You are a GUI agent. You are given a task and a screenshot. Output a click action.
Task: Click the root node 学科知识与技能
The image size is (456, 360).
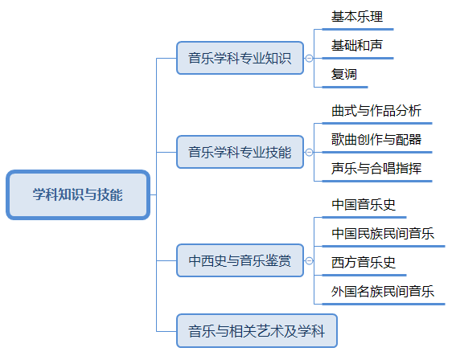pos(78,194)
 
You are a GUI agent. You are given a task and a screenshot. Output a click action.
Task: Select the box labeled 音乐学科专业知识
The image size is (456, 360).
pos(240,58)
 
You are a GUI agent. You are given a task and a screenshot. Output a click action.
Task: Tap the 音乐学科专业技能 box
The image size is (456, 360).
pos(240,152)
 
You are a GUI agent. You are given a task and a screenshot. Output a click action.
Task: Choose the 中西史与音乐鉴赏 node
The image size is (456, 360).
pos(240,260)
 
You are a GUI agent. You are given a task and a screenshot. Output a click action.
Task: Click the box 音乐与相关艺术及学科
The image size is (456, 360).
pos(257,331)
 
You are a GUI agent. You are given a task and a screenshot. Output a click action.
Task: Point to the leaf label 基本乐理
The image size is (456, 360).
pos(357,16)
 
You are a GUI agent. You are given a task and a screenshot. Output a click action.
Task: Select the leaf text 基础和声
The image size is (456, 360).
pos(357,45)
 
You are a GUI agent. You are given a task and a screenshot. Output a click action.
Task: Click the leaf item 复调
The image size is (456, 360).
pos(344,74)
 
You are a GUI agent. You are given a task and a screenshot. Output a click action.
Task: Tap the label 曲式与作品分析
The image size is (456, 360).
pos(376,110)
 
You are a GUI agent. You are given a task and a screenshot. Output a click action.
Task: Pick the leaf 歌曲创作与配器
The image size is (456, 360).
pos(376,140)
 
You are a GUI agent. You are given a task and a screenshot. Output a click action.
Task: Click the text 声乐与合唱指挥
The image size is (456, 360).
pos(376,168)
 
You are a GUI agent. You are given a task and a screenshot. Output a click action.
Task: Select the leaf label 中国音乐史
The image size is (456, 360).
pos(364,205)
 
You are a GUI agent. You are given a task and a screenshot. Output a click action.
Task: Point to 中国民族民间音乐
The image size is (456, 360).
pos(383,234)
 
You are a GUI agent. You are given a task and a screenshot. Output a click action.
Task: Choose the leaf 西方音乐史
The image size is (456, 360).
pos(364,263)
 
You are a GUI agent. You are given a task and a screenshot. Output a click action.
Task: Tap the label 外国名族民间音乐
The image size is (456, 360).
pos(383,292)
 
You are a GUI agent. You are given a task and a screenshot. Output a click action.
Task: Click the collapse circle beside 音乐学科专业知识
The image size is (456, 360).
pos(309,58)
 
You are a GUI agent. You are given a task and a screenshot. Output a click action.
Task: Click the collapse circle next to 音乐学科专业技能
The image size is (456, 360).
pos(309,152)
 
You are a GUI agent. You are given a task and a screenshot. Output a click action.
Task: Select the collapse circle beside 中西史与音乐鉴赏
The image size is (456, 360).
pos(309,260)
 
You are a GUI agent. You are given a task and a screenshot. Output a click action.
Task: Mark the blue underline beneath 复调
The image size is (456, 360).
pos(345,87)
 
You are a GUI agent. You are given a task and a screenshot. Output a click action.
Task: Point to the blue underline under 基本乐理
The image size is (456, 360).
pos(358,30)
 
